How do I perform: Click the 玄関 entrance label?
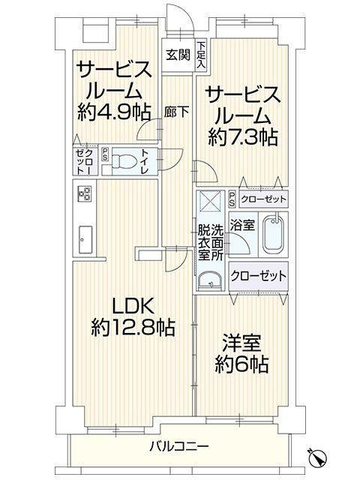pyautogui.click(x=178, y=55)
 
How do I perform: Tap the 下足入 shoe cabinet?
pyautogui.click(x=201, y=55)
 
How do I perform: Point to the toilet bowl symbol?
pyautogui.click(x=123, y=161)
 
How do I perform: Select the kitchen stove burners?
pyautogui.click(x=84, y=193)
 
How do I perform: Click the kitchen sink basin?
pyautogui.click(x=85, y=239)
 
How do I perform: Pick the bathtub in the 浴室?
pyautogui.click(x=274, y=235)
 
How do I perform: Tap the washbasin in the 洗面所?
pyautogui.click(x=210, y=280)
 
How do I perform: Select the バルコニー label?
pyautogui.click(x=179, y=447)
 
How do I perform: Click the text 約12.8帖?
pyautogui.click(x=133, y=328)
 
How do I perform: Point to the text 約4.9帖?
pyautogui.click(x=114, y=112)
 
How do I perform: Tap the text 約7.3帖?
pyautogui.click(x=243, y=137)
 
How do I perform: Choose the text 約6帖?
pyautogui.click(x=241, y=364)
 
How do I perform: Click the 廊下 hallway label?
pyautogui.click(x=176, y=112)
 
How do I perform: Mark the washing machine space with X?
pyautogui.click(x=210, y=200)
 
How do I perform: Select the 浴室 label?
pyautogui.click(x=242, y=225)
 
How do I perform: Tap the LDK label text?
pyautogui.click(x=133, y=306)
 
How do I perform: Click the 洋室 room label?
pyautogui.click(x=241, y=343)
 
